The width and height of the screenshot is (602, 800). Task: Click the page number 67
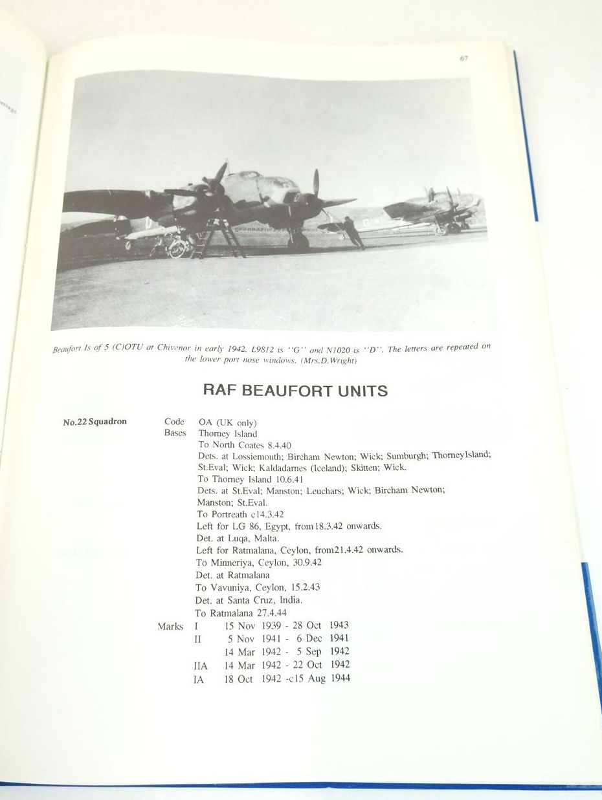(x=463, y=58)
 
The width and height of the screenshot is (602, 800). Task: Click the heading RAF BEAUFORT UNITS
(x=295, y=390)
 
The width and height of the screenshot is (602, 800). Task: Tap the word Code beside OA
(x=174, y=422)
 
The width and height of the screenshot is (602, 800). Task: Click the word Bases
(x=175, y=433)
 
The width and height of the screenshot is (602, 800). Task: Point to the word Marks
(x=170, y=626)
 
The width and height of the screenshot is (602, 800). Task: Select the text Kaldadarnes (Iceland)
(x=302, y=467)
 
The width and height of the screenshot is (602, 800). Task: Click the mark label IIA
(x=201, y=665)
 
